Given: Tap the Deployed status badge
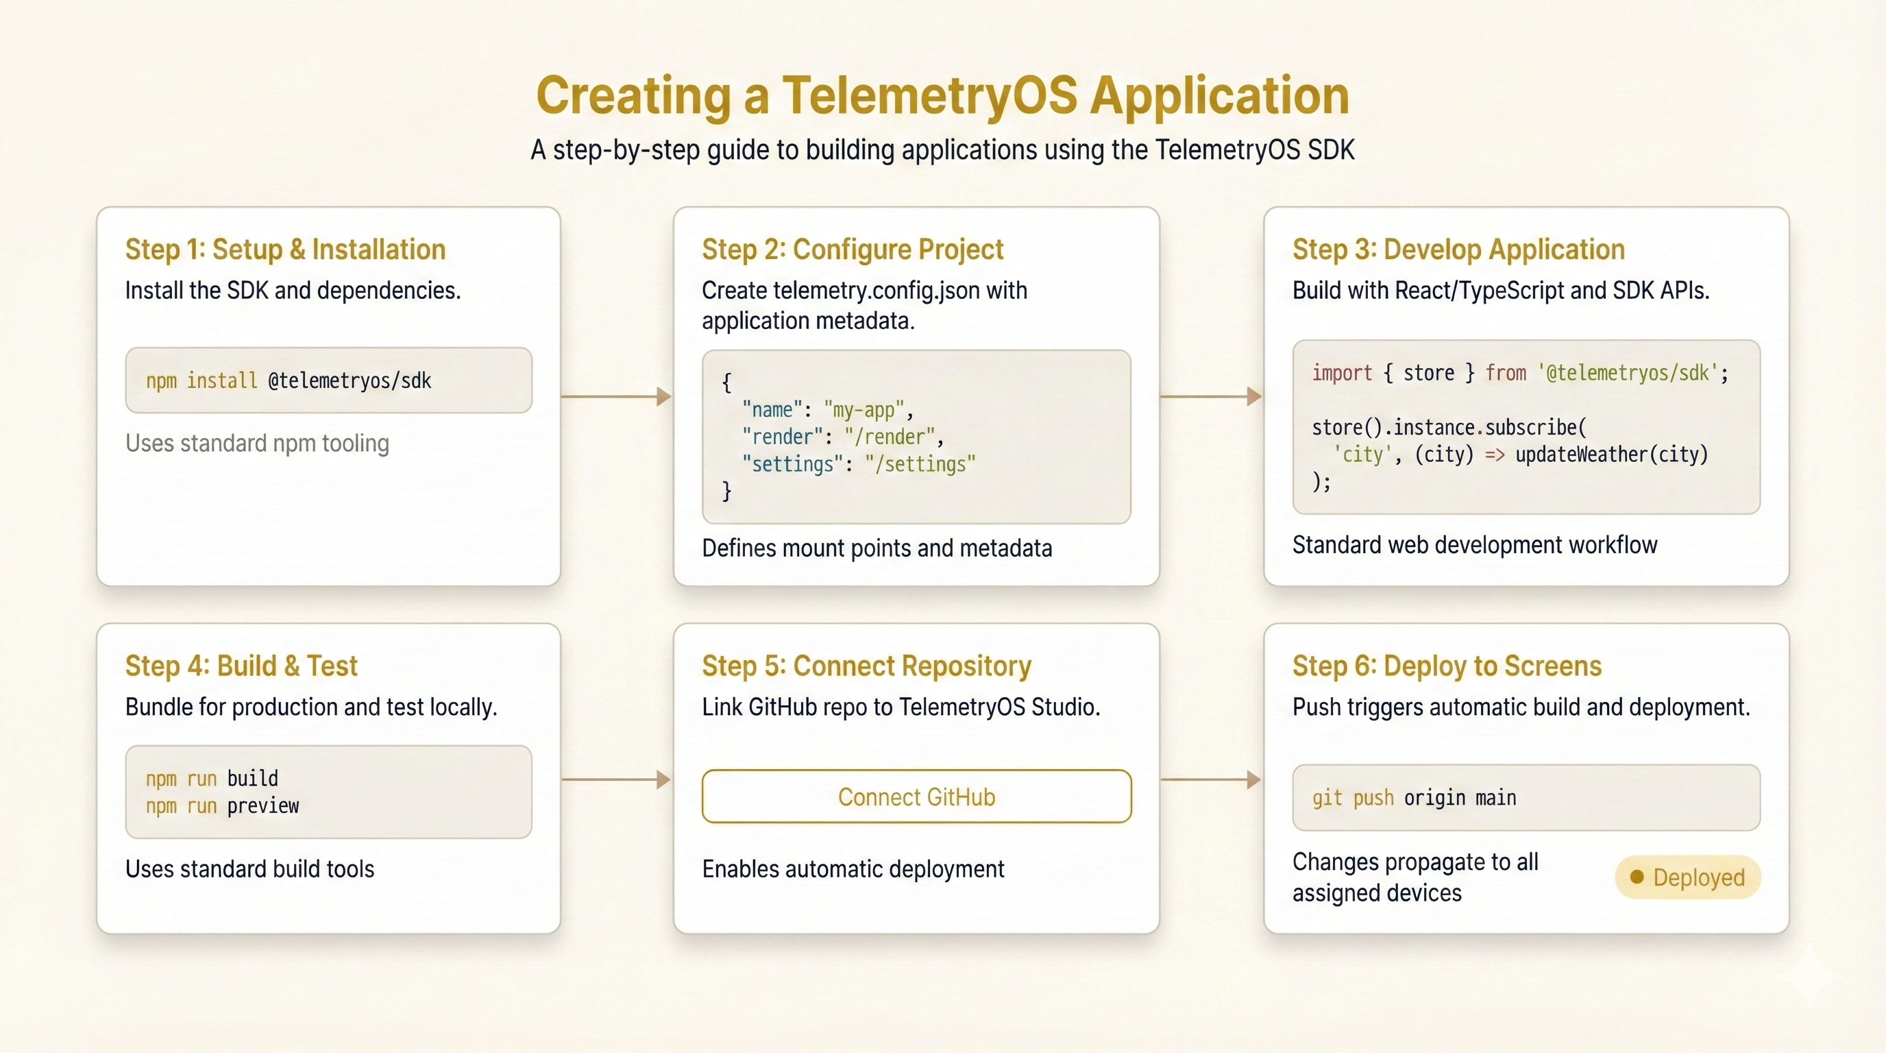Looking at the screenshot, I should point(1687,877).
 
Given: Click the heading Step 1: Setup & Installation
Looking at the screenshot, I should point(285,250).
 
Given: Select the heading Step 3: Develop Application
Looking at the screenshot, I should point(1458,250).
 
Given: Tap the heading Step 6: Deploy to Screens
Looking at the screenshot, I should point(1447,666).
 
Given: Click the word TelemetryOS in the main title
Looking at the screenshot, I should point(930,96).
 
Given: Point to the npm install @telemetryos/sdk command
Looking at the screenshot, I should point(289,380).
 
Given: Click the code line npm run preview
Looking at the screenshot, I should point(222,806).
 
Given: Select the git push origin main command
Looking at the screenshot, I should point(1414,797).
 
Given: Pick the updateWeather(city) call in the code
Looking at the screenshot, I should point(1611,455).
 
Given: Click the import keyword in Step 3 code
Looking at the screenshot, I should point(1341,374).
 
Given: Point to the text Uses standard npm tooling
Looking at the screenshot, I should point(257,444).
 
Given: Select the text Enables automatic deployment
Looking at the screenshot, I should point(853,869).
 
